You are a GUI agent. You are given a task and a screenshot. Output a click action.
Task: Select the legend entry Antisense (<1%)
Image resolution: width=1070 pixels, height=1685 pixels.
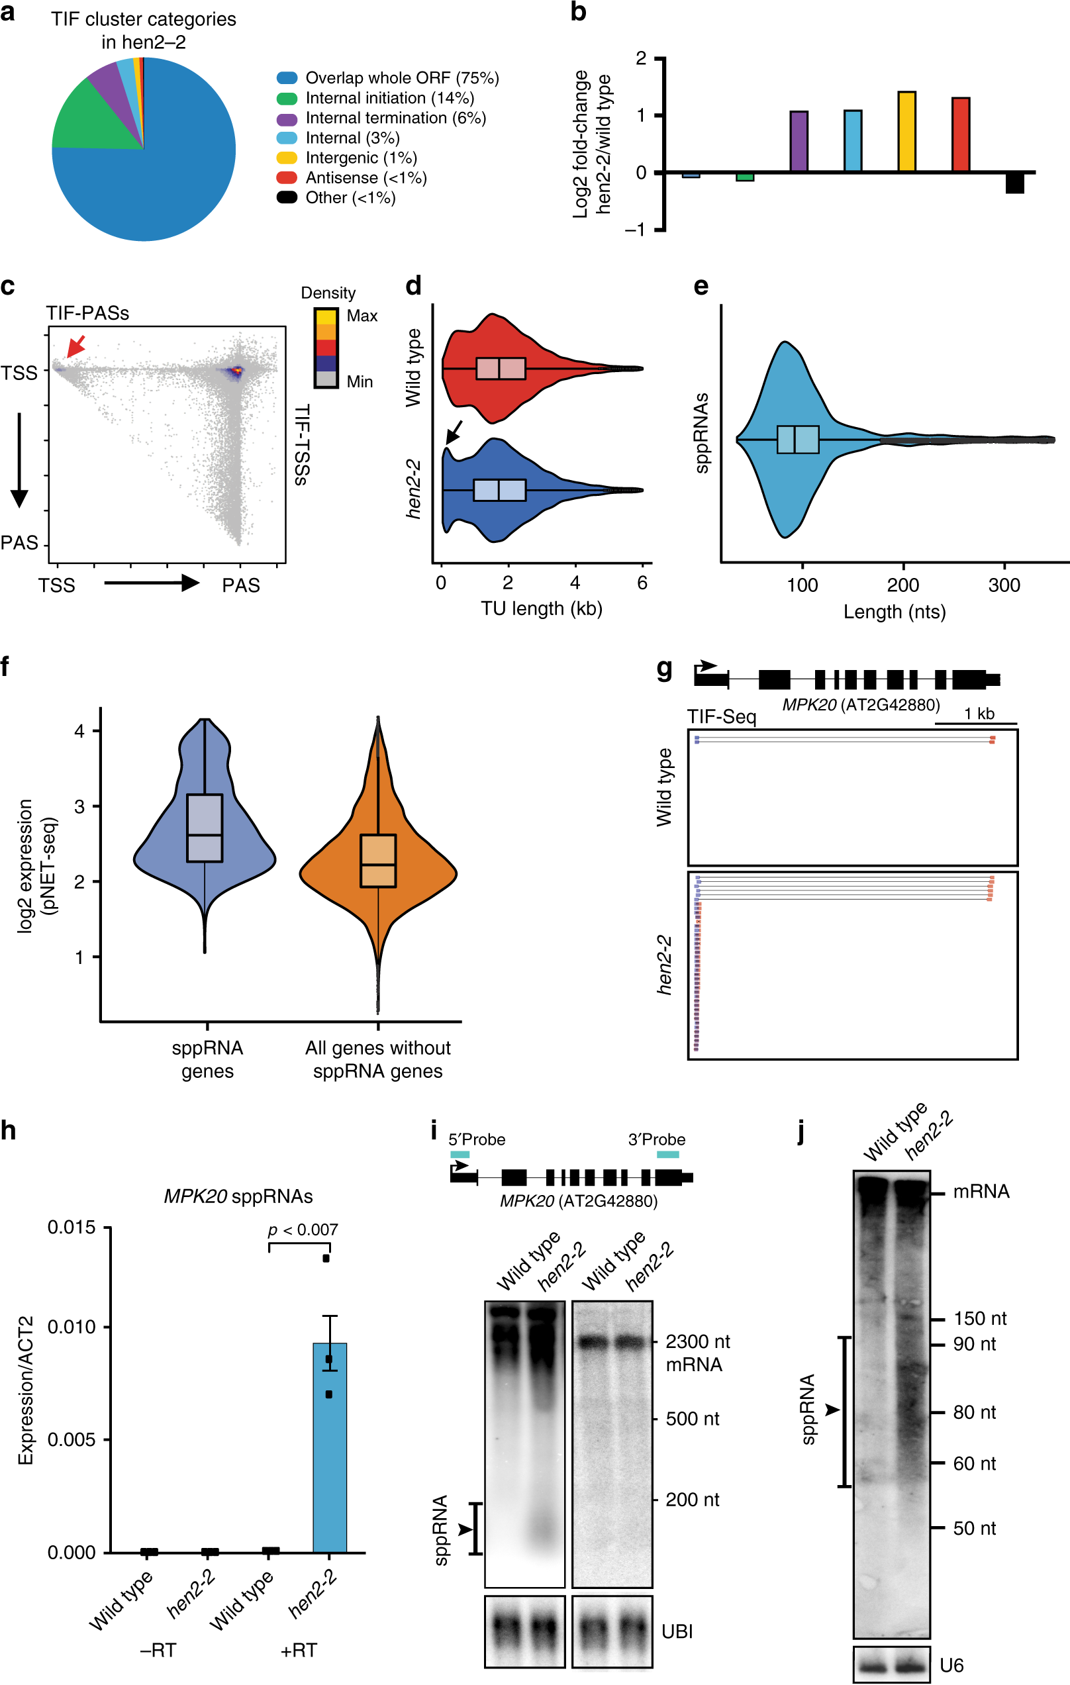click(x=365, y=177)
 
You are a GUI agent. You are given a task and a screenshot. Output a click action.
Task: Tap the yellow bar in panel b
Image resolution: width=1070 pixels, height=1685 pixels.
click(x=906, y=132)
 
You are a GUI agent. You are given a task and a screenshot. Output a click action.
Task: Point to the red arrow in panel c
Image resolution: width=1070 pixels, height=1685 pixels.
click(x=75, y=345)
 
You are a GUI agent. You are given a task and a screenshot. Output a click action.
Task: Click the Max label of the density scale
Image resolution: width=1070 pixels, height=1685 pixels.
click(x=362, y=316)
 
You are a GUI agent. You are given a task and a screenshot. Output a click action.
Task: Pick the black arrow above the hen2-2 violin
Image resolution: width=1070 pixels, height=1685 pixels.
click(x=454, y=432)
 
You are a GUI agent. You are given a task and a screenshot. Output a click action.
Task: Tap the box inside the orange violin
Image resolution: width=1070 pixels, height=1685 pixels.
click(x=378, y=861)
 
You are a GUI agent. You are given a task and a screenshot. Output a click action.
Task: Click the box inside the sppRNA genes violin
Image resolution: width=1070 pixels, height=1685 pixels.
click(x=205, y=828)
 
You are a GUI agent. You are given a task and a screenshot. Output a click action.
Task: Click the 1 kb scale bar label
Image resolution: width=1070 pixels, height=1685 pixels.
click(x=979, y=714)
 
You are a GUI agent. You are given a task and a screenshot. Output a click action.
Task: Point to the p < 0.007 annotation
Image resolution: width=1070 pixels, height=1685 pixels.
click(x=303, y=1229)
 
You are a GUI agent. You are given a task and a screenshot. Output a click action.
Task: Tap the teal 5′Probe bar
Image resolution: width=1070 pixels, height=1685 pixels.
click(x=460, y=1154)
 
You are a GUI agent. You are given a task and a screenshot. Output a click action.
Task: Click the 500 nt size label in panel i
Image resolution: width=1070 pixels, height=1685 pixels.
click(x=692, y=1418)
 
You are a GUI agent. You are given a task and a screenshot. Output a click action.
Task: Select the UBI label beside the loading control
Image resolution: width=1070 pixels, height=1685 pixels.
click(x=677, y=1631)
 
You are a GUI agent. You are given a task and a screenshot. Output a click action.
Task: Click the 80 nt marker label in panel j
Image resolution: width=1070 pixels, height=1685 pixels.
click(x=973, y=1412)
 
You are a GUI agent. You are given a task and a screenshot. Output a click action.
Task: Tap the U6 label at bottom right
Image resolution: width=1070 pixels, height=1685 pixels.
click(x=951, y=1665)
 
